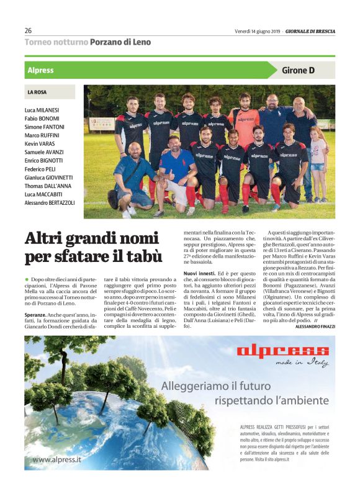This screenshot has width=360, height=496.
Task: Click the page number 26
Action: pyautogui.click(x=29, y=30)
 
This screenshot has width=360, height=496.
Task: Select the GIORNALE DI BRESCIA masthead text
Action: pyautogui.click(x=311, y=30)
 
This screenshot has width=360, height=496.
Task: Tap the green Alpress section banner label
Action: pyautogui.click(x=41, y=70)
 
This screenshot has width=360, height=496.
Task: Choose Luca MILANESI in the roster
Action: pyautogui.click(x=42, y=110)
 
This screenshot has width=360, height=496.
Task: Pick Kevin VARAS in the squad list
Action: pyautogui.click(x=40, y=143)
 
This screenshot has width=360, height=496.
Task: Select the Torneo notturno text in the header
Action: pyautogui.click(x=56, y=42)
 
